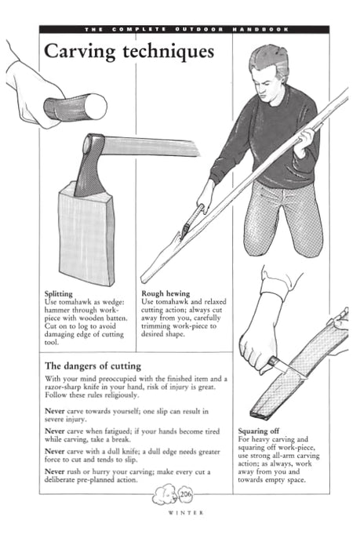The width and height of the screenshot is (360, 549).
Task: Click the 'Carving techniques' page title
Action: (128, 53)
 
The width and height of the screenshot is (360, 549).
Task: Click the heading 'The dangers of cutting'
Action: (93, 365)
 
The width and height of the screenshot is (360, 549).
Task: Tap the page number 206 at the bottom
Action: (186, 495)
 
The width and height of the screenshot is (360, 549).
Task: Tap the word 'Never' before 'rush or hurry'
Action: (55, 471)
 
